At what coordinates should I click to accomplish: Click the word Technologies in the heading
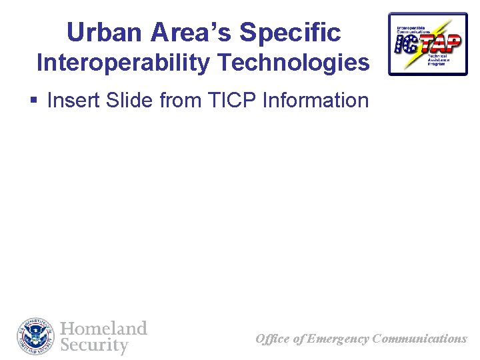(293, 63)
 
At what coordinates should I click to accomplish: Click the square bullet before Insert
(33, 101)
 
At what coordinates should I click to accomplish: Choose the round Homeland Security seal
(36, 337)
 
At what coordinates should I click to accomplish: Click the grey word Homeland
(103, 329)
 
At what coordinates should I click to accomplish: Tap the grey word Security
(94, 345)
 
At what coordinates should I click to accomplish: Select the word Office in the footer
(273, 339)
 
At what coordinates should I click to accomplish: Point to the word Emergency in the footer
(338, 339)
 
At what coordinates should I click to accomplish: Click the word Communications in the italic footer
(420, 339)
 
